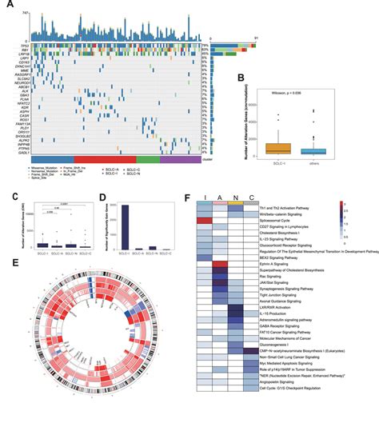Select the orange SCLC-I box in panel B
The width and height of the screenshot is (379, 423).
pyautogui.click(x=277, y=148)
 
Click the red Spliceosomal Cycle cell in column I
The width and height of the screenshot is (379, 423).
pyautogui.click(x=204, y=219)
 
